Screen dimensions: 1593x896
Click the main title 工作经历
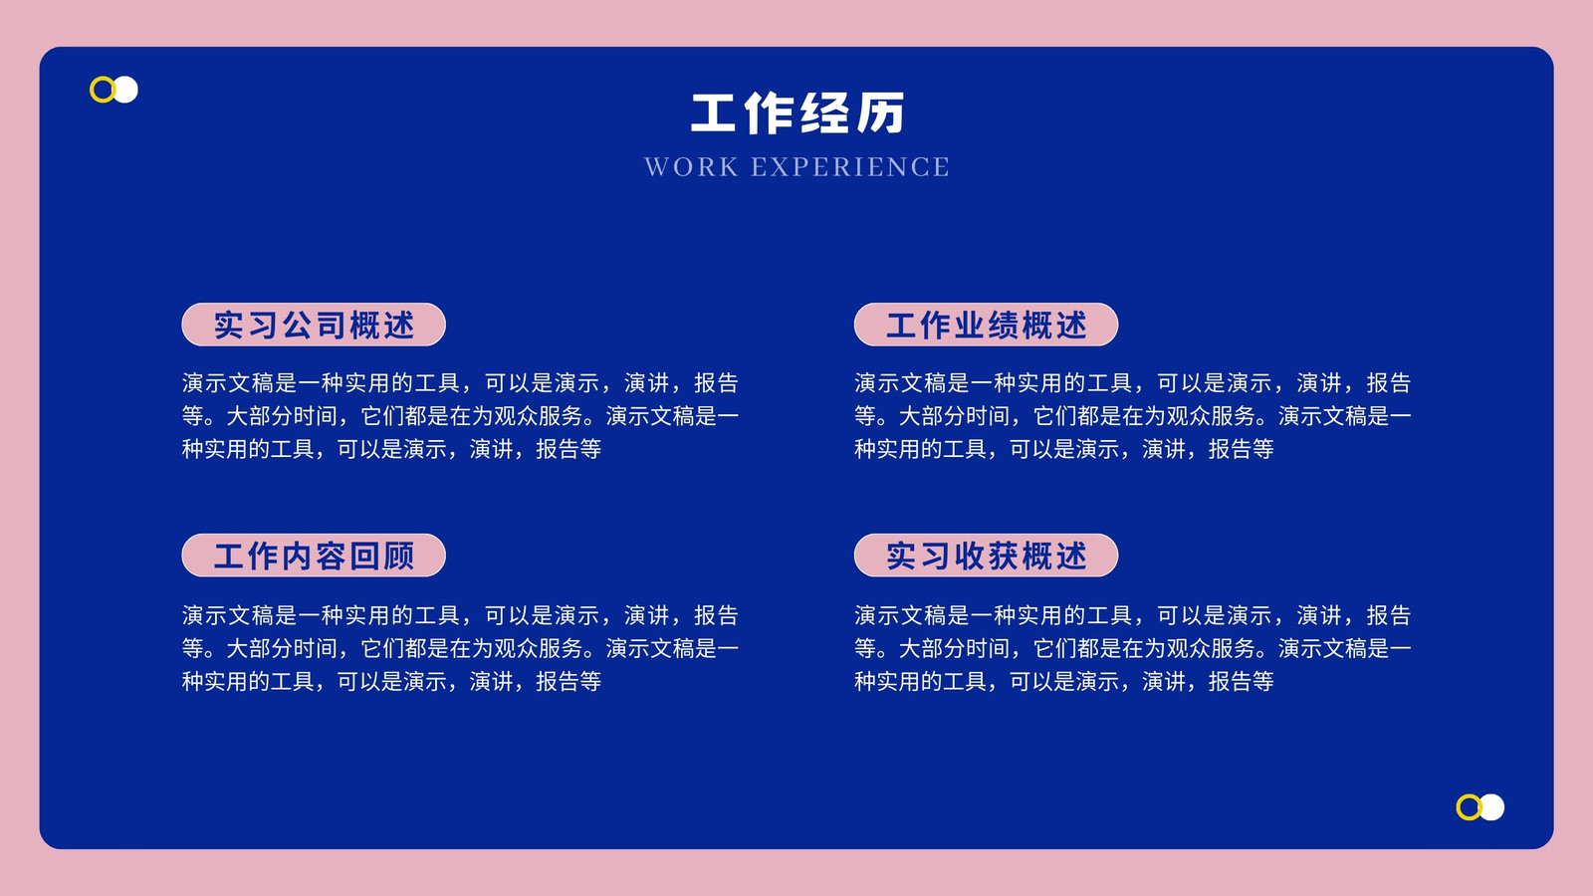pos(796,113)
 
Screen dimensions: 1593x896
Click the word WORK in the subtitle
pos(691,167)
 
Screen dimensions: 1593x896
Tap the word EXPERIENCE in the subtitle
pos(850,167)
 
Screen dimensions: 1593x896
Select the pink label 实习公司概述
pos(314,325)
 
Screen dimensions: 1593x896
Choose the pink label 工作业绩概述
pos(986,325)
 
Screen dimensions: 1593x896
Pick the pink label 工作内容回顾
pos(314,556)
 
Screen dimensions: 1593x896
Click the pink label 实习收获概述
pos(986,556)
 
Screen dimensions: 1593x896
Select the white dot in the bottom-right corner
pos(1493,807)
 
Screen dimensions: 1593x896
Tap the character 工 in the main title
pos(713,113)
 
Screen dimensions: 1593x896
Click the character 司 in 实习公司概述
pos(331,325)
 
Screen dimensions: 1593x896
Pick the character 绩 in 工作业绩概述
pos(1003,325)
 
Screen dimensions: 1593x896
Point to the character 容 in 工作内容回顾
pos(331,557)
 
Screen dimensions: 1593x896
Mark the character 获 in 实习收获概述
pos(1003,557)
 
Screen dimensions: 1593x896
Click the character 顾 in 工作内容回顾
pos(399,557)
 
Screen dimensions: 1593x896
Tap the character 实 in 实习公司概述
pos(228,325)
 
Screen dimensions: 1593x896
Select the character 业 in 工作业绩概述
pos(969,325)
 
